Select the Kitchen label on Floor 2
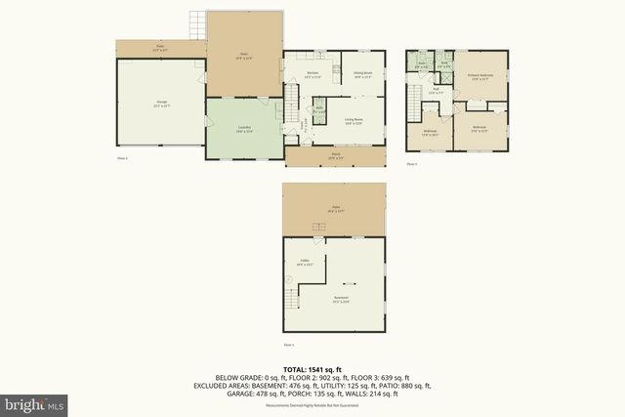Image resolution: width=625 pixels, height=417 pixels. [x=313, y=74]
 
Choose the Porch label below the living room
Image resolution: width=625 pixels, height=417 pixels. [x=335, y=155]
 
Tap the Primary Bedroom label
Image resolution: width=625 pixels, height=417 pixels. [x=479, y=75]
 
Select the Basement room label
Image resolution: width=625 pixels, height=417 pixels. [x=341, y=297]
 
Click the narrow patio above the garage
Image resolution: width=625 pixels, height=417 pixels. [x=159, y=47]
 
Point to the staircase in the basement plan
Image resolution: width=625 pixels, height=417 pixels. [x=318, y=229]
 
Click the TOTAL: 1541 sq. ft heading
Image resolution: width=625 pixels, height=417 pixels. [x=312, y=369]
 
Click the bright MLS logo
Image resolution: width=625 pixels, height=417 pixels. [x=35, y=402]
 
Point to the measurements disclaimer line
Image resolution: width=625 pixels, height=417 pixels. [x=312, y=403]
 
